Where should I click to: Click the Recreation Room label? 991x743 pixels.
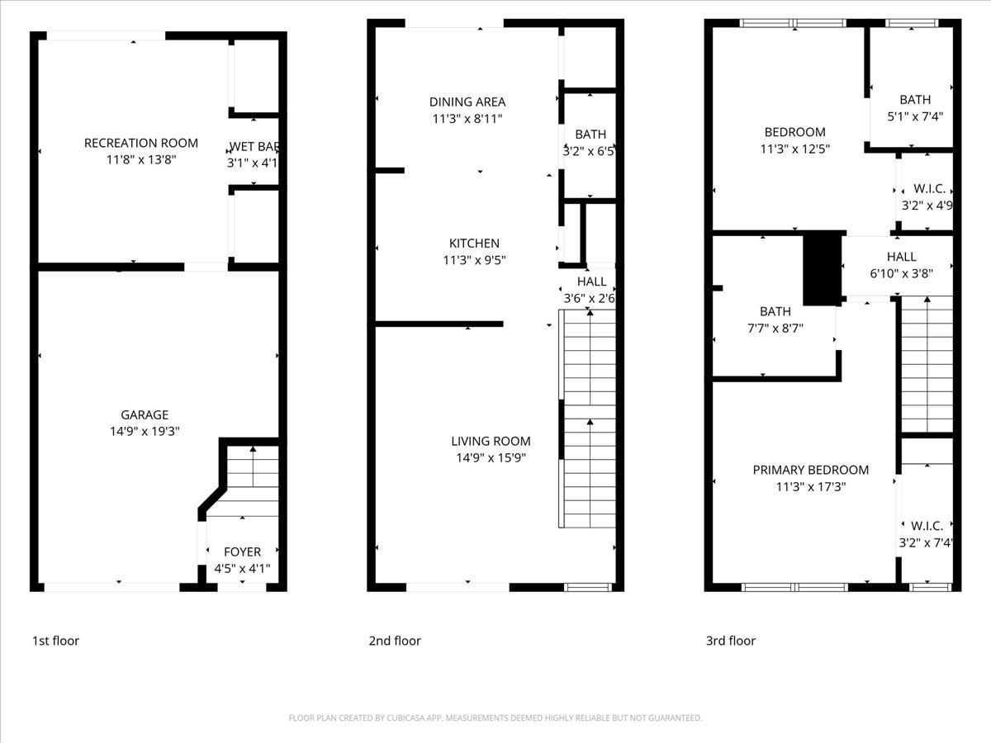click(141, 143)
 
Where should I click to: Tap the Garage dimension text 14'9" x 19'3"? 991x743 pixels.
click(145, 431)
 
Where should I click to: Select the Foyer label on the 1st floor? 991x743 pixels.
click(242, 551)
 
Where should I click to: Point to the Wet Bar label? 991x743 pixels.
click(254, 147)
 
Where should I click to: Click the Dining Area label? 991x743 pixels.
click(467, 102)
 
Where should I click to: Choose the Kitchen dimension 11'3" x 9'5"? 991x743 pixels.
click(474, 260)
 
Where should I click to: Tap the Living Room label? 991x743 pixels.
click(491, 441)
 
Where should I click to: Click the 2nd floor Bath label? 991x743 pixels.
click(590, 134)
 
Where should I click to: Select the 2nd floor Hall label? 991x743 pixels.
click(592, 282)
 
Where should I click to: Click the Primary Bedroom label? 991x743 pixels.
click(810, 470)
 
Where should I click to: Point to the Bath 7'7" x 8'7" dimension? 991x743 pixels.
click(775, 328)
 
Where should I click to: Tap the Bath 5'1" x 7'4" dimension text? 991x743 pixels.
click(915, 116)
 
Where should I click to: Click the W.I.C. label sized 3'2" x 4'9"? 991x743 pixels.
click(926, 189)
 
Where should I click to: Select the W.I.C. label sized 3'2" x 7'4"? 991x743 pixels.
click(926, 525)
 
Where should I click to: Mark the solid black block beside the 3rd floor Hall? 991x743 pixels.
click(822, 269)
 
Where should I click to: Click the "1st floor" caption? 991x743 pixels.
click(55, 641)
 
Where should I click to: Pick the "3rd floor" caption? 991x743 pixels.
click(730, 641)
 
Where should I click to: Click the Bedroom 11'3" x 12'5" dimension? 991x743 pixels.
click(794, 149)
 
